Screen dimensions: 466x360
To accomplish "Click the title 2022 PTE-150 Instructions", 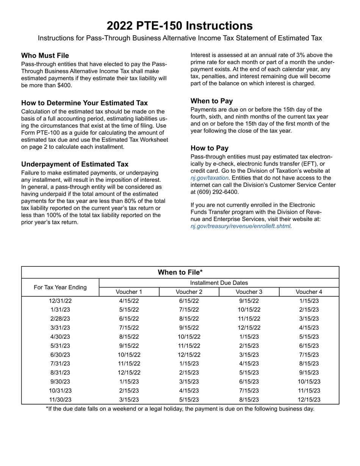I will pyautogui.click(x=180, y=26).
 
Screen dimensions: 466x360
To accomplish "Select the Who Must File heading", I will pyautogui.click(x=45, y=56).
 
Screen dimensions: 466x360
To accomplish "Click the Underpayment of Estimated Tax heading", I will pyautogui.click(x=75, y=164).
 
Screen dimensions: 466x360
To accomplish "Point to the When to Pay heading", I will pyautogui.click(x=211, y=101).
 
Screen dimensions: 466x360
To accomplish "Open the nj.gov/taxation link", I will pyautogui.click(x=209, y=178).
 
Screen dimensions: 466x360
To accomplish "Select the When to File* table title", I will pyautogui.click(x=180, y=272).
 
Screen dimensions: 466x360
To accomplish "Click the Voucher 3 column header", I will pyautogui.click(x=249, y=292).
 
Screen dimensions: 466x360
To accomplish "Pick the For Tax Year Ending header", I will pyautogui.click(x=60, y=287).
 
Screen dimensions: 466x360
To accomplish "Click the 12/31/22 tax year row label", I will pyautogui.click(x=60, y=301).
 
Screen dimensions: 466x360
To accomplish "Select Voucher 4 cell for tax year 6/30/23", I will pyautogui.click(x=309, y=355).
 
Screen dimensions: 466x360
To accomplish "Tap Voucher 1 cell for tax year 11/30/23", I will pyautogui.click(x=129, y=400).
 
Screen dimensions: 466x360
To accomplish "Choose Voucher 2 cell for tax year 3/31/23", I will pyautogui.click(x=189, y=328).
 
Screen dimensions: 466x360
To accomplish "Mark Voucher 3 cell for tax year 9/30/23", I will pyautogui.click(x=249, y=382).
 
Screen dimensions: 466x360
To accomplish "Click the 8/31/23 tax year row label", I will pyautogui.click(x=60, y=373).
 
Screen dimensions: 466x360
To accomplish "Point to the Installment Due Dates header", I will pyautogui.click(x=219, y=283).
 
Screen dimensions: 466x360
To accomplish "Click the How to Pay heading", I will pyautogui.click(x=210, y=148).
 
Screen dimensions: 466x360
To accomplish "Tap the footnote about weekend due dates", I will pyautogui.click(x=180, y=409).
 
